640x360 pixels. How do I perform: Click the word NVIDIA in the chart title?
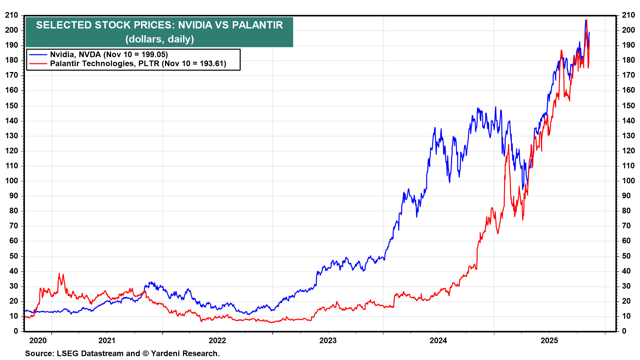195,25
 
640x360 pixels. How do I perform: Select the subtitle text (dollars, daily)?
159,39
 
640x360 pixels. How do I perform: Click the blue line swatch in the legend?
38,55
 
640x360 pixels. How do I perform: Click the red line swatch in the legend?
38,63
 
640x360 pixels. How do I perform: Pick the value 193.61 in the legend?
212,63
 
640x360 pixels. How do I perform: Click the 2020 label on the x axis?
38,340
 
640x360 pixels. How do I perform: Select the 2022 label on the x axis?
217,340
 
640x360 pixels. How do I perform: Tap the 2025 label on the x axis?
549,340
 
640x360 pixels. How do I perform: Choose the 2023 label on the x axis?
328,340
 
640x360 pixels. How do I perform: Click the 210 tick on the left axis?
12,15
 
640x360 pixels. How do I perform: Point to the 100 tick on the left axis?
12,181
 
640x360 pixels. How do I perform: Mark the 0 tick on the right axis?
624,331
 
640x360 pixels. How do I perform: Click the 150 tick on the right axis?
628,106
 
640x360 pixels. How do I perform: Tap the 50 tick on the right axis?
626,256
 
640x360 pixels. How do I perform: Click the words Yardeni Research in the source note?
185,353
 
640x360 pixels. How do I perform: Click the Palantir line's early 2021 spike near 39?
59,274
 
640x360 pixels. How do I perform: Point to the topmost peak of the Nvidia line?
585,20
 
